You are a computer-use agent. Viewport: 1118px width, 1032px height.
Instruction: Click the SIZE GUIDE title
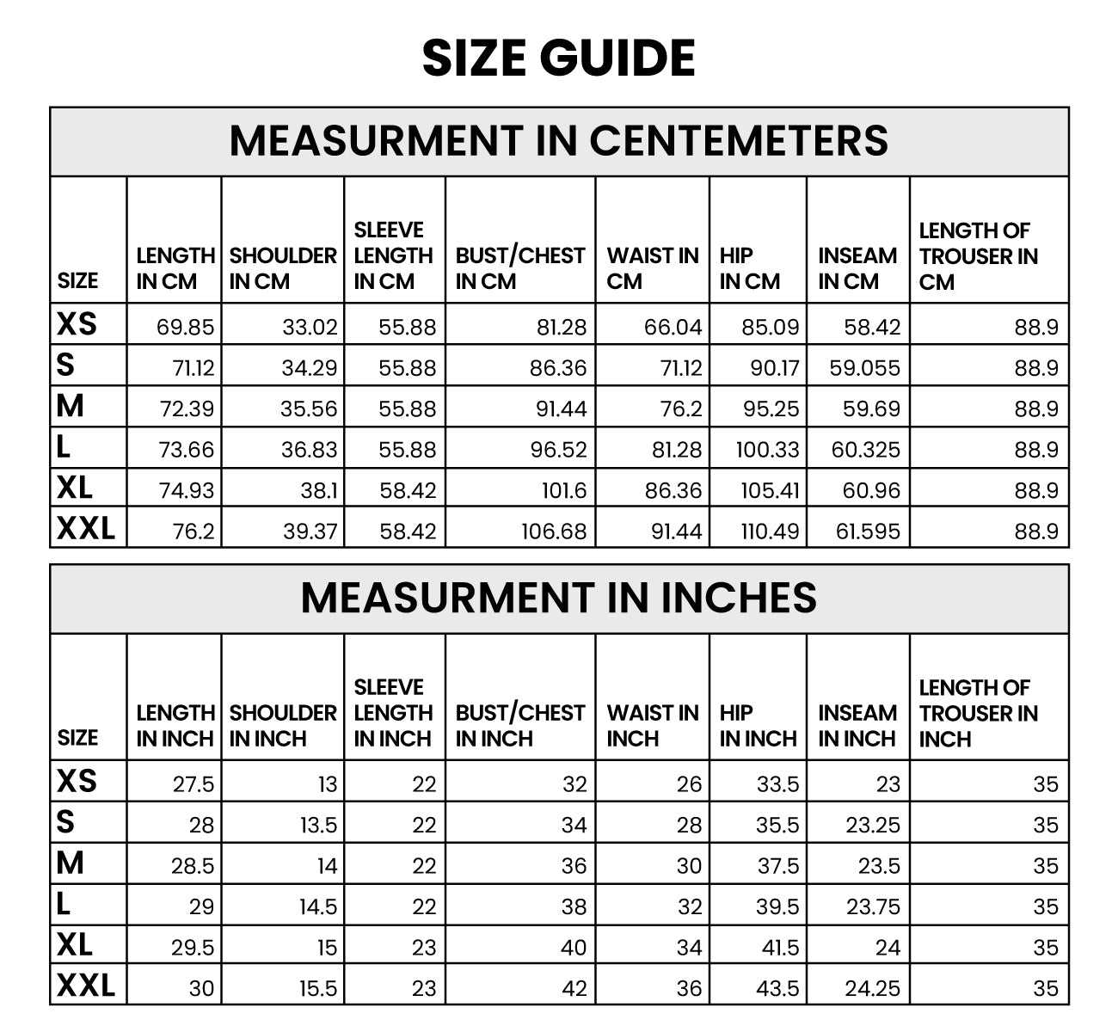click(559, 58)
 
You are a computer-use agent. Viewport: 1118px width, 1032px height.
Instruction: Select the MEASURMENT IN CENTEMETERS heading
click(559, 141)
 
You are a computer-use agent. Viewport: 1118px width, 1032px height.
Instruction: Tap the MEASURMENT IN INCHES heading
click(559, 598)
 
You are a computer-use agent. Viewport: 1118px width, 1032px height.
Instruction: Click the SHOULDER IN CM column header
click(283, 268)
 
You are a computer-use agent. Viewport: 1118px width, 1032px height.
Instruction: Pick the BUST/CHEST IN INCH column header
click(519, 725)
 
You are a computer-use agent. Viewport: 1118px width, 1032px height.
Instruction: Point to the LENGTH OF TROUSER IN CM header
click(978, 256)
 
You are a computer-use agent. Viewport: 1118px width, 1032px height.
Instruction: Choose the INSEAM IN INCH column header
click(857, 725)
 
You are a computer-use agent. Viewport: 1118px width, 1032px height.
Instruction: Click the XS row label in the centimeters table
click(77, 324)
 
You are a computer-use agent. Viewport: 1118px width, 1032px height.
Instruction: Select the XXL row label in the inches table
click(86, 985)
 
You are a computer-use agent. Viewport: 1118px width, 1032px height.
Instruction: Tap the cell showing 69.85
click(186, 327)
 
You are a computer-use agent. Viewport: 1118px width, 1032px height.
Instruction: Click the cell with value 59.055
click(864, 368)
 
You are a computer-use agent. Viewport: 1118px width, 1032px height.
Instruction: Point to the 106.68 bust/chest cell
click(554, 531)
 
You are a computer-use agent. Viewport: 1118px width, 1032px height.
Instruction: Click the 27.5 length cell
click(193, 784)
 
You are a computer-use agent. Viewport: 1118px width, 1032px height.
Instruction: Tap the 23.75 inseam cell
click(873, 906)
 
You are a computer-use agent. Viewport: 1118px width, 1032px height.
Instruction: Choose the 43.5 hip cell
click(777, 989)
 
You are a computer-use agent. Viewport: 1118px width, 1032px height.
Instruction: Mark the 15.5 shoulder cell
click(318, 989)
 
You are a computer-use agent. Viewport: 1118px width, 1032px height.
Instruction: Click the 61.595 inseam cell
click(868, 531)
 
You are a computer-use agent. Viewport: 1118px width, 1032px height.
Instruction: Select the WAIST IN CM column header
click(652, 268)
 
